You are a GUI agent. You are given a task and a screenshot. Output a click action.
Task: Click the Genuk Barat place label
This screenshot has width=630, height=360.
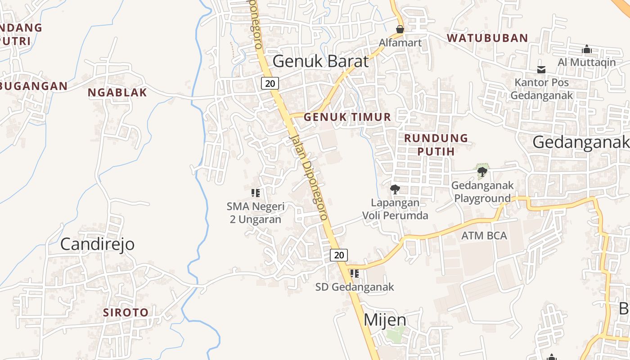point(320,61)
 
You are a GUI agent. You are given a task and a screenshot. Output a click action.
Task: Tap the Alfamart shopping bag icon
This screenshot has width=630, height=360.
point(400,30)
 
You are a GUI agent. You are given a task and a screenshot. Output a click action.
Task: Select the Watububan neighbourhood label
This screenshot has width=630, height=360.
point(487,38)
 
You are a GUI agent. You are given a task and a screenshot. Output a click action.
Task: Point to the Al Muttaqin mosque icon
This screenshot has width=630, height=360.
point(586,49)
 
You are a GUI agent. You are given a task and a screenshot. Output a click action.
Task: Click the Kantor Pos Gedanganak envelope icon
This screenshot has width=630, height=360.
point(541,69)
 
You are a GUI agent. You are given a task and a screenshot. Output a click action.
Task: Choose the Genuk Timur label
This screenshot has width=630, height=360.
point(347,117)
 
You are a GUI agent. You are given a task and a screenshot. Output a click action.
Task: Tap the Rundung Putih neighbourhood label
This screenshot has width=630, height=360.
point(436,144)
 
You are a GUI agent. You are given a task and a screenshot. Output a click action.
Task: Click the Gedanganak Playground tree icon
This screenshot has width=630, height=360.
point(482,171)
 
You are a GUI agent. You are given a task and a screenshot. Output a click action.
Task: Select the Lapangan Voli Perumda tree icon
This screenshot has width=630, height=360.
point(395,189)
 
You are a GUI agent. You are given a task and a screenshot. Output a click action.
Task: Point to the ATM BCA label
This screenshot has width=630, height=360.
point(484,235)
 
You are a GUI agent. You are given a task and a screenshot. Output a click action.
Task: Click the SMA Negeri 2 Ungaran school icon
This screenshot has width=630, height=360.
point(256,193)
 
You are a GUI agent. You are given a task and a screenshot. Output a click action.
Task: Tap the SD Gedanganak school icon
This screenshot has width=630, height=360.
point(355,274)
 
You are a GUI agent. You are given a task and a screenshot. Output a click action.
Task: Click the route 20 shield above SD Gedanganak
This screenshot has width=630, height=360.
point(339,255)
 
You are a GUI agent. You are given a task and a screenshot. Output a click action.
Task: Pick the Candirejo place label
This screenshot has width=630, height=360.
point(97,244)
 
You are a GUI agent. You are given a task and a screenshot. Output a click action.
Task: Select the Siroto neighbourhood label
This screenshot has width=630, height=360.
point(126,312)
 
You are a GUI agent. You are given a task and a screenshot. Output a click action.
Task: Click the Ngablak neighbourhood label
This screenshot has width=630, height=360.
point(117,93)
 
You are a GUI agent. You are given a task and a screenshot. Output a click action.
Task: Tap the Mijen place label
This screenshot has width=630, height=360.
point(385,320)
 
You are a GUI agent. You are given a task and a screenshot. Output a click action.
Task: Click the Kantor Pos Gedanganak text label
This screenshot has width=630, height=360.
point(542,89)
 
